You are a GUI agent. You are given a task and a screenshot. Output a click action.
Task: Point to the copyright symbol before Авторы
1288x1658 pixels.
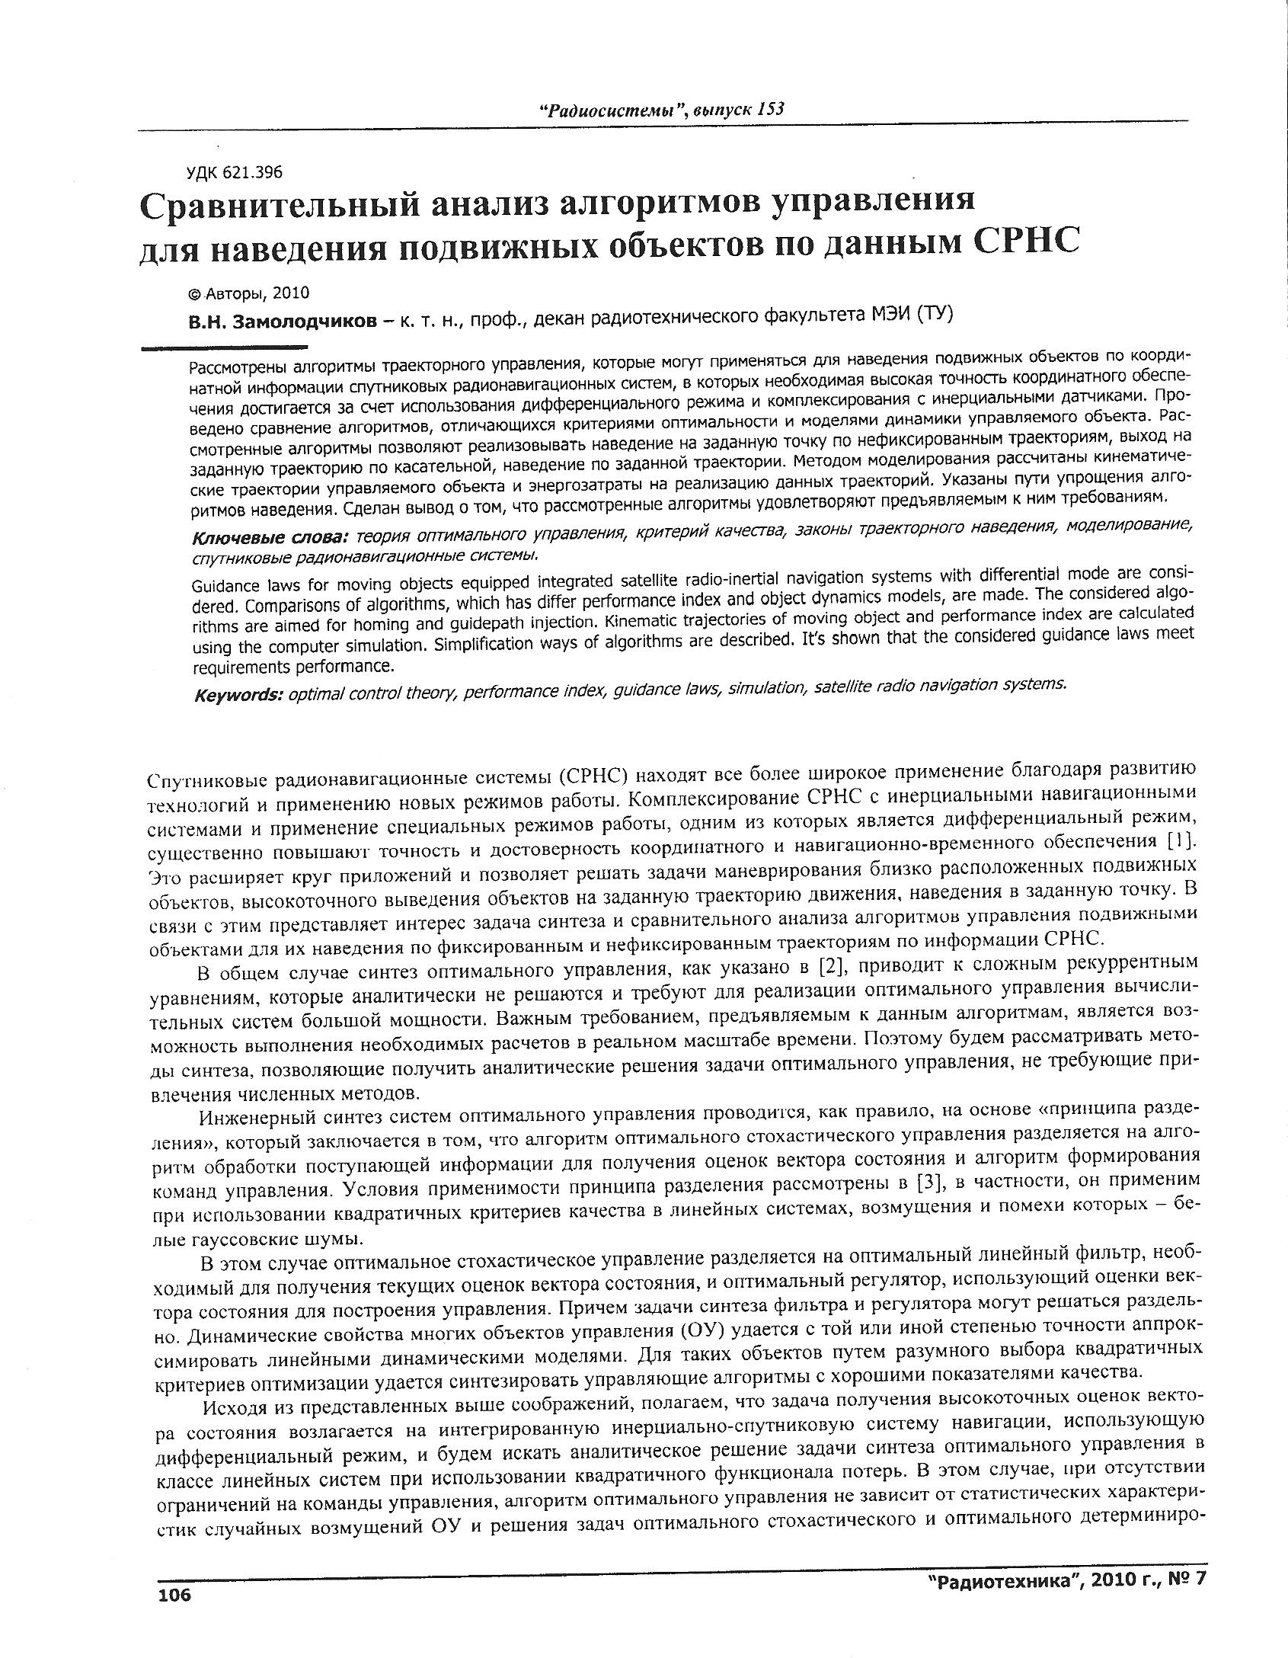point(195,294)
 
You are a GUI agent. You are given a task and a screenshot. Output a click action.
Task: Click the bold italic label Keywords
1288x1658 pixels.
point(238,696)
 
